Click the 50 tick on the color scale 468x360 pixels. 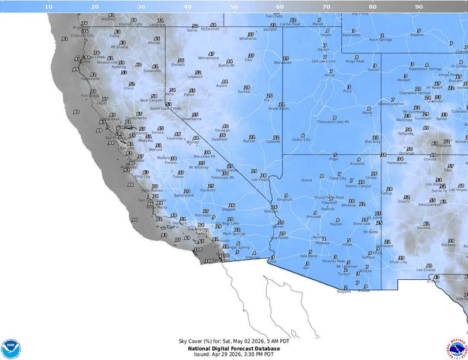point(233,6)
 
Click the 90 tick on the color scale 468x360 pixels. point(419,6)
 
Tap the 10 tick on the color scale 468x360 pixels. point(48,6)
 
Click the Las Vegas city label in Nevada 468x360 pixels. point(261,179)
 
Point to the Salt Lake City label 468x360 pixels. point(323,61)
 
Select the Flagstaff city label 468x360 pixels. point(321,203)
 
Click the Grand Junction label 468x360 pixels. point(391,104)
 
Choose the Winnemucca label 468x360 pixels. point(208,58)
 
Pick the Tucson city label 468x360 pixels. point(345,274)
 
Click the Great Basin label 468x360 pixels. point(278,108)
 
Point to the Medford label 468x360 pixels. point(108,19)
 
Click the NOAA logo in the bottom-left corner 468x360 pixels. point(11,349)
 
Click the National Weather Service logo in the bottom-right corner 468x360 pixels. point(457,349)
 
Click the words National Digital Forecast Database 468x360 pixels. point(233,348)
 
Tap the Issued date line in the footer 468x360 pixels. point(233,354)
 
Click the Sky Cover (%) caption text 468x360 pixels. point(233,341)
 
